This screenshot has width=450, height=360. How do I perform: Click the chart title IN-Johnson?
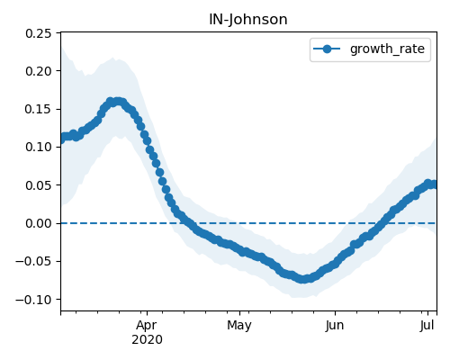[x=248, y=20]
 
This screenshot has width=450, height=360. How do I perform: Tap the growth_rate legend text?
[x=387, y=49]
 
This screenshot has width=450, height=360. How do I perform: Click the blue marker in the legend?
[x=327, y=49]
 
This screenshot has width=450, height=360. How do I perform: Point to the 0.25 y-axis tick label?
[x=39, y=33]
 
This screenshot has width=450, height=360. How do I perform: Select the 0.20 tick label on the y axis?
[x=39, y=71]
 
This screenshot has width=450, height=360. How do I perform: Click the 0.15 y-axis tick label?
[x=39, y=109]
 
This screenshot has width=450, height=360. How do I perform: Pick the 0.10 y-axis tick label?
[x=39, y=147]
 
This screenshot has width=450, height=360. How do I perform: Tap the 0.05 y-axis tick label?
[x=39, y=185]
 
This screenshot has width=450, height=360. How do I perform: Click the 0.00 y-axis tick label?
[x=39, y=223]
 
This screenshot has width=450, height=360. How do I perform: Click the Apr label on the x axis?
[x=147, y=326]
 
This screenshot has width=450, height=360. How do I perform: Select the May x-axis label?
[x=239, y=326]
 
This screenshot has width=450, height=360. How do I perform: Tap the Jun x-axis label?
[x=335, y=326]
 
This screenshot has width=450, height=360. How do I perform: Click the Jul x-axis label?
[x=427, y=326]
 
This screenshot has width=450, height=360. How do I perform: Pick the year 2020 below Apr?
[x=147, y=340]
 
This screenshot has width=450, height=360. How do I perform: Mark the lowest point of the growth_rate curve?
[x=303, y=279]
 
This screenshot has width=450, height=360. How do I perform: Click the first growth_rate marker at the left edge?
[x=62, y=139]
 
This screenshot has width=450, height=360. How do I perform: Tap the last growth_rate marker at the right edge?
[x=434, y=184]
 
